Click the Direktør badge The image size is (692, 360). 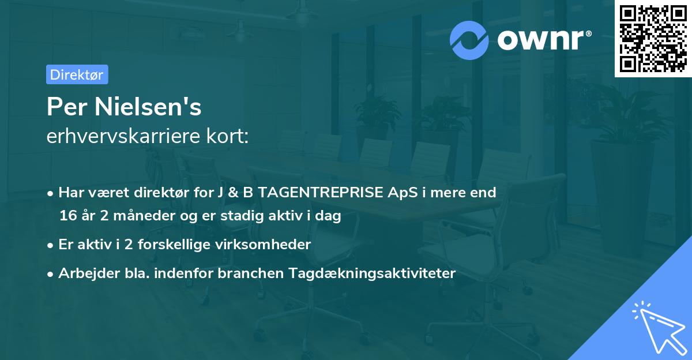pyautogui.click(x=77, y=74)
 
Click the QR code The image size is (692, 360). pyautogui.click(x=652, y=38)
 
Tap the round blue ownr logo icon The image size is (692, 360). pyautogui.click(x=469, y=39)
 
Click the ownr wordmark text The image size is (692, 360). pyautogui.click(x=540, y=39)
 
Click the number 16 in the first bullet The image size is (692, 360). pyautogui.click(x=67, y=216)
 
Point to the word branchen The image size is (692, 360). pyautogui.click(x=244, y=273)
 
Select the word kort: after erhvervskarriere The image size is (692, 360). pyautogui.click(x=229, y=137)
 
